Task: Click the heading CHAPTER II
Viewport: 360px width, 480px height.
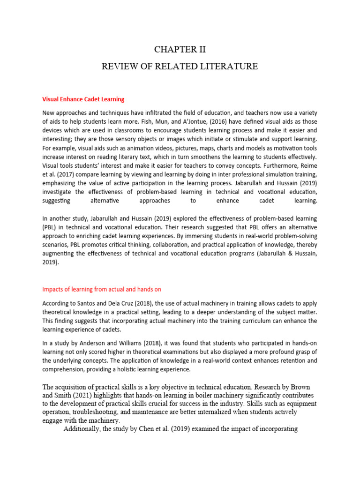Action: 180,50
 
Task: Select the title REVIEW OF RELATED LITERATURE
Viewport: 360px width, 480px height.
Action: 180,67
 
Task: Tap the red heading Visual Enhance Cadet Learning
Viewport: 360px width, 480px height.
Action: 83,99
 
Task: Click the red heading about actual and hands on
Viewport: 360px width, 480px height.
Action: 102,289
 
